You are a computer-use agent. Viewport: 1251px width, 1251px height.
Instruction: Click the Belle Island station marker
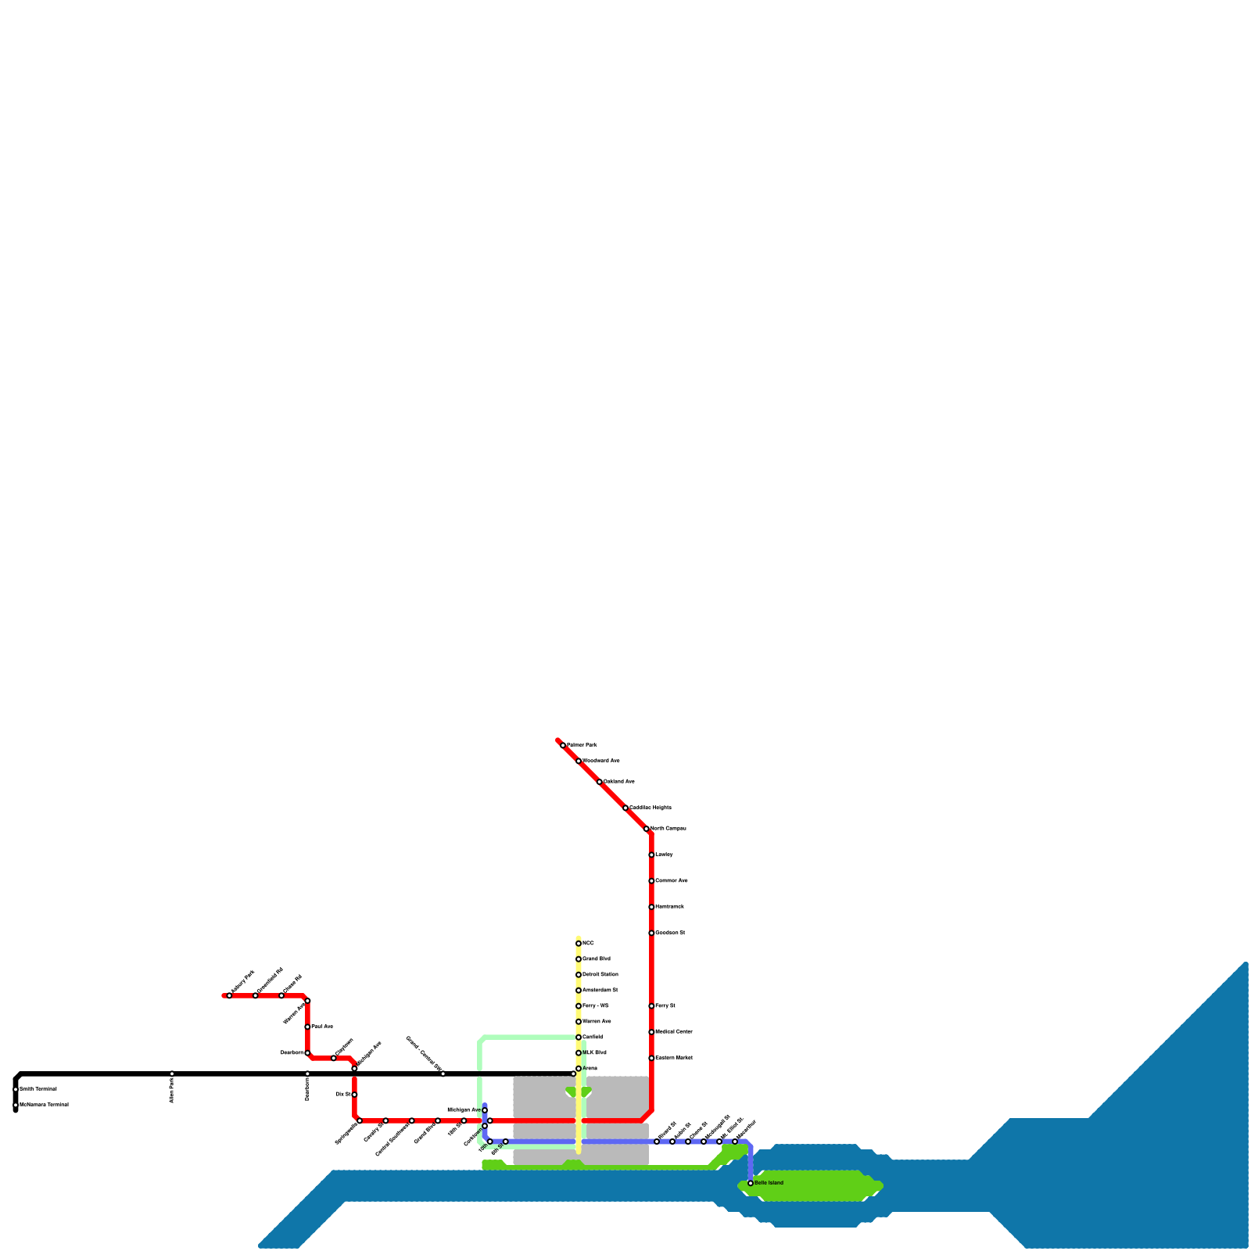coord(751,1183)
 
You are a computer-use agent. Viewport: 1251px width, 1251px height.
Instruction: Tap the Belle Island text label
coord(769,1183)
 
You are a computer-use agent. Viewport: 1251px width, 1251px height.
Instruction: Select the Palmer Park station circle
coord(563,745)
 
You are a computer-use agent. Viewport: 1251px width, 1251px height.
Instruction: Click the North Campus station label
coord(669,828)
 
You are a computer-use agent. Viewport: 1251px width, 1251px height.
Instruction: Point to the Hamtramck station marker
coord(651,907)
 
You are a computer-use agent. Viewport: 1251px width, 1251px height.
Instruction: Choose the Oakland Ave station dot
coord(600,782)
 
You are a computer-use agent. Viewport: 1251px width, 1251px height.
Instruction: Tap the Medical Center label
coord(674,1032)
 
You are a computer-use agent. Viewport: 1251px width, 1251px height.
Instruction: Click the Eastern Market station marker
coord(651,1058)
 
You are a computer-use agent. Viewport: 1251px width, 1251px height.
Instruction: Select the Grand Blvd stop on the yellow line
coord(579,959)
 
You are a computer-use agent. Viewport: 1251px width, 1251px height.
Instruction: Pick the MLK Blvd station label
coord(594,1053)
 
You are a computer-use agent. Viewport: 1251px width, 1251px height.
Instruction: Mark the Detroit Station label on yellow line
coord(600,975)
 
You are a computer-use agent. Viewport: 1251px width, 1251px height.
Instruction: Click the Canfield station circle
coord(579,1038)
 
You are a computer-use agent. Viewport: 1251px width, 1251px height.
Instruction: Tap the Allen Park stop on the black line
coord(172,1074)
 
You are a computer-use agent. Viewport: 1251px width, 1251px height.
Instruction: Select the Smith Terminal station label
coord(38,1089)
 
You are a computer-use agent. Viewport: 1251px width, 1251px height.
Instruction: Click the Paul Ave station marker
coord(307,1027)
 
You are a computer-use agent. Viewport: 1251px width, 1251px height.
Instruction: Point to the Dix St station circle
coord(354,1095)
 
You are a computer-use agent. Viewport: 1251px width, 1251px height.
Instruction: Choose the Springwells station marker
coord(360,1120)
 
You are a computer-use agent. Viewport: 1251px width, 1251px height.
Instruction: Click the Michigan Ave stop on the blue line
coord(485,1110)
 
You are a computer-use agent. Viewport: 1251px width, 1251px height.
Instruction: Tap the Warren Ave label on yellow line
coord(597,1022)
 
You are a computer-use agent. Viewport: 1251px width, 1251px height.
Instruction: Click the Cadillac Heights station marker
coord(625,808)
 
